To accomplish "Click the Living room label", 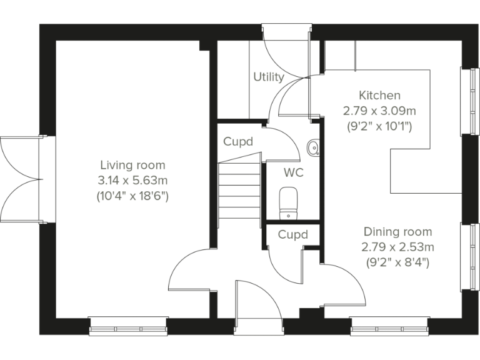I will click(132, 165).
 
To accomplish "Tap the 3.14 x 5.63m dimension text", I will click(132, 181).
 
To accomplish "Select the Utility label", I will click(268, 77).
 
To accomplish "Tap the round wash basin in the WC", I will click(314, 147).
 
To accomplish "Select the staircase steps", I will click(239, 190).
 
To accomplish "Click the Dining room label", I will click(397, 231).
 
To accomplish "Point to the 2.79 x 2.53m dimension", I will click(397, 247).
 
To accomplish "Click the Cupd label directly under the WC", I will click(292, 235).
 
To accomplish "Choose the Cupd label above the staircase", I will click(238, 142).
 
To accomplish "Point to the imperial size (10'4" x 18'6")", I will click(132, 196).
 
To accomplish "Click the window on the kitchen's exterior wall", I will click(466, 100).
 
